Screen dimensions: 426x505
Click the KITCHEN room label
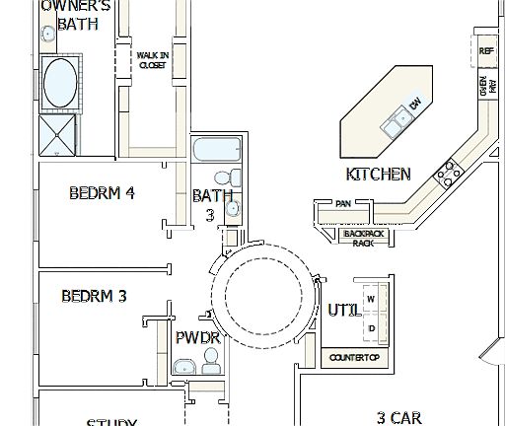coord(378,175)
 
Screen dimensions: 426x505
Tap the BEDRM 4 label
coord(102,193)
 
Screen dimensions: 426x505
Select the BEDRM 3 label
coord(94,296)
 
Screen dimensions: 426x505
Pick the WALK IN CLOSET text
coord(152,61)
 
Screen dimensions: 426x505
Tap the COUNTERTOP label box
coord(353,356)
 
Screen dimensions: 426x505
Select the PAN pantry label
coord(343,204)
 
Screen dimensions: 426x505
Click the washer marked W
coord(372,298)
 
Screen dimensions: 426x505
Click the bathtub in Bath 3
coord(216,151)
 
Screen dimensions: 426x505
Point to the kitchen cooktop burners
coord(449,173)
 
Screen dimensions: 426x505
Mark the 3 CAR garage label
coord(399,418)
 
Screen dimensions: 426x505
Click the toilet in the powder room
coord(210,367)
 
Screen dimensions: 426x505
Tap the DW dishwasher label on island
coord(416,104)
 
